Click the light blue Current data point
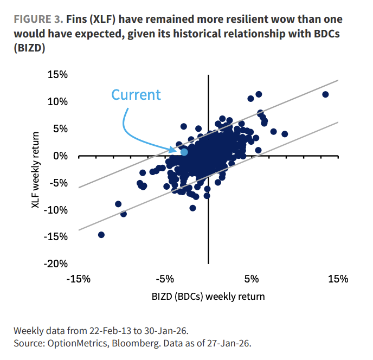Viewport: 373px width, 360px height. click(x=184, y=152)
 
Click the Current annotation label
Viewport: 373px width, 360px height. click(x=136, y=95)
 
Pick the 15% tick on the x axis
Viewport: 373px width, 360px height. click(x=337, y=279)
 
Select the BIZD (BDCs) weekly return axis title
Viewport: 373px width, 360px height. click(x=208, y=297)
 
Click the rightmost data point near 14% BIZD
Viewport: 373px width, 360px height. click(x=325, y=94)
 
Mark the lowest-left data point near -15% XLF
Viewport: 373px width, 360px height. click(x=101, y=235)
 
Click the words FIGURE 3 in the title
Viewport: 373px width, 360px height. click(x=37, y=20)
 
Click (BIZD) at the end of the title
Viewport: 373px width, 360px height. click(x=30, y=48)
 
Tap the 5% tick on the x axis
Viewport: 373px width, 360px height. click(x=250, y=279)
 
